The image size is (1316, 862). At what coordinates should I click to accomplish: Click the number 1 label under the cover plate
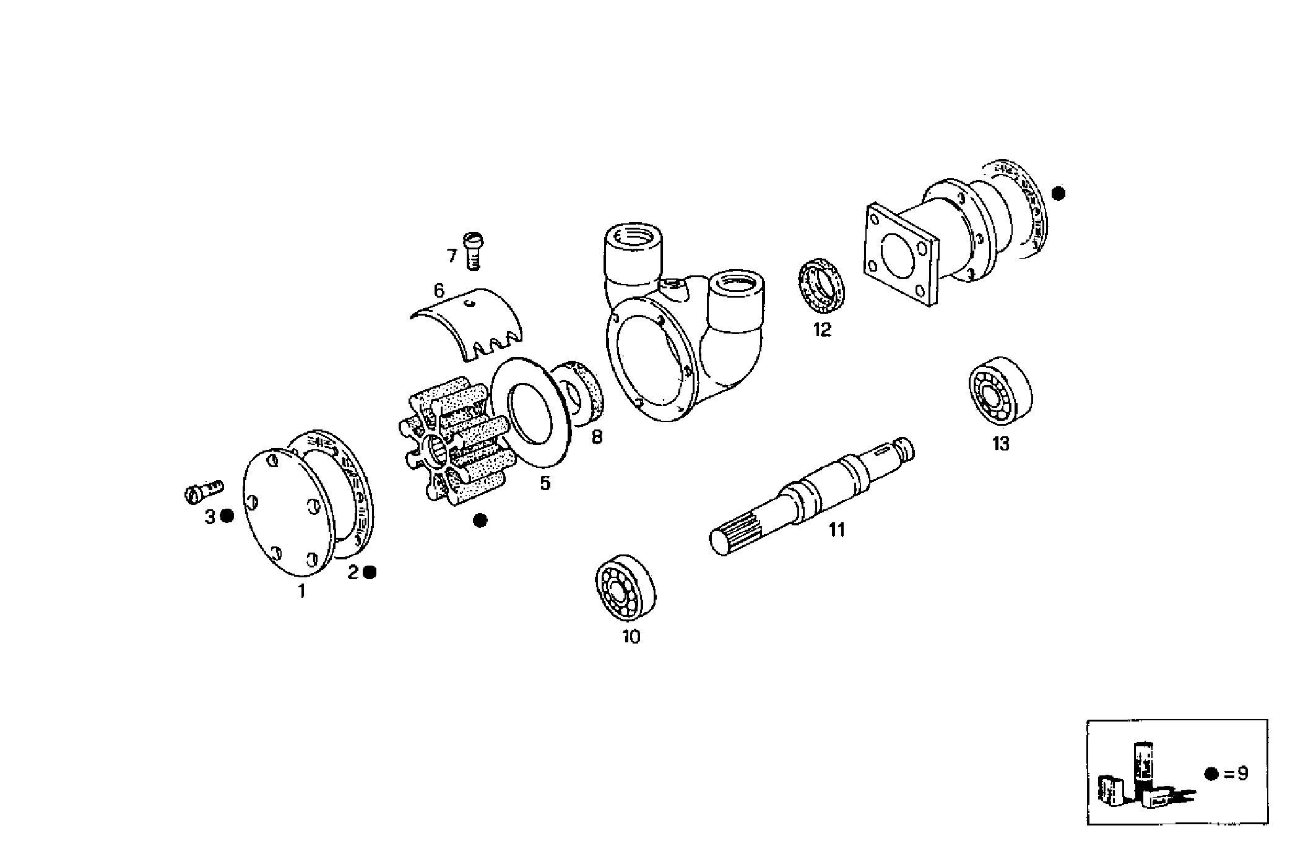coord(301,592)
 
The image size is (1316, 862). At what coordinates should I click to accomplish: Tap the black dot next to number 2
coord(370,572)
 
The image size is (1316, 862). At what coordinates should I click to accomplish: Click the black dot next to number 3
coord(227,516)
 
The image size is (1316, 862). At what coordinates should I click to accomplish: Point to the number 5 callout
coord(545,483)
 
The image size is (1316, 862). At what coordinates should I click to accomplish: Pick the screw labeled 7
coord(473,250)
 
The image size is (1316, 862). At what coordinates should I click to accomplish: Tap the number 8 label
coord(597,437)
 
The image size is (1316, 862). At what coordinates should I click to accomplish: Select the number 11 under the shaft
coord(837,530)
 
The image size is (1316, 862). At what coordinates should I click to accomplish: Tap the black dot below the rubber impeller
coord(480,520)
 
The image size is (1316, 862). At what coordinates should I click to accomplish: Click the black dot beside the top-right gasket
coord(1058,194)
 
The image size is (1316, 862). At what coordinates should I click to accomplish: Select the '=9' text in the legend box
coord(1235,774)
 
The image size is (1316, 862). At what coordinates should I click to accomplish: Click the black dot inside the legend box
coord(1211,774)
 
